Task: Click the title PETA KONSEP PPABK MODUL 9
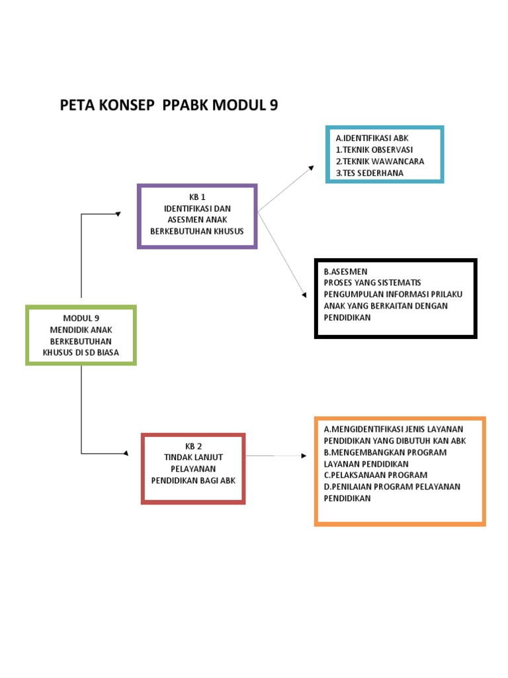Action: pos(169,105)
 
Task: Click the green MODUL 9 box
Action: pos(81,335)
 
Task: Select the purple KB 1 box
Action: pos(197,217)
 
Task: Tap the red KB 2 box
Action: pos(194,469)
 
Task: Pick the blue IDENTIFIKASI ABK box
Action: pos(384,154)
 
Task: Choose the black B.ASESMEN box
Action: pos(396,299)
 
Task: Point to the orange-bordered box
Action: pos(400,471)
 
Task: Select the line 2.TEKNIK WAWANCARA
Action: pos(380,161)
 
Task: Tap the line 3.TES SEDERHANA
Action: pos(369,173)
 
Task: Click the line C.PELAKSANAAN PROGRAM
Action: pos(376,475)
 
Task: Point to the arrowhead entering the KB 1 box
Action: pos(118,213)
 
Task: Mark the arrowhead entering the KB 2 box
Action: pos(125,454)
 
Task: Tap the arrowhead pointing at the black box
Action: pos(304,295)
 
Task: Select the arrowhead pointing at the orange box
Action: pos(304,456)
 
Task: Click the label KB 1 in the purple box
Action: pos(198,197)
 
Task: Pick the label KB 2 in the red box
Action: pos(194,445)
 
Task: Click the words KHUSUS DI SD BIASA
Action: pos(81,353)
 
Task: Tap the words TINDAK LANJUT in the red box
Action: pos(194,457)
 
